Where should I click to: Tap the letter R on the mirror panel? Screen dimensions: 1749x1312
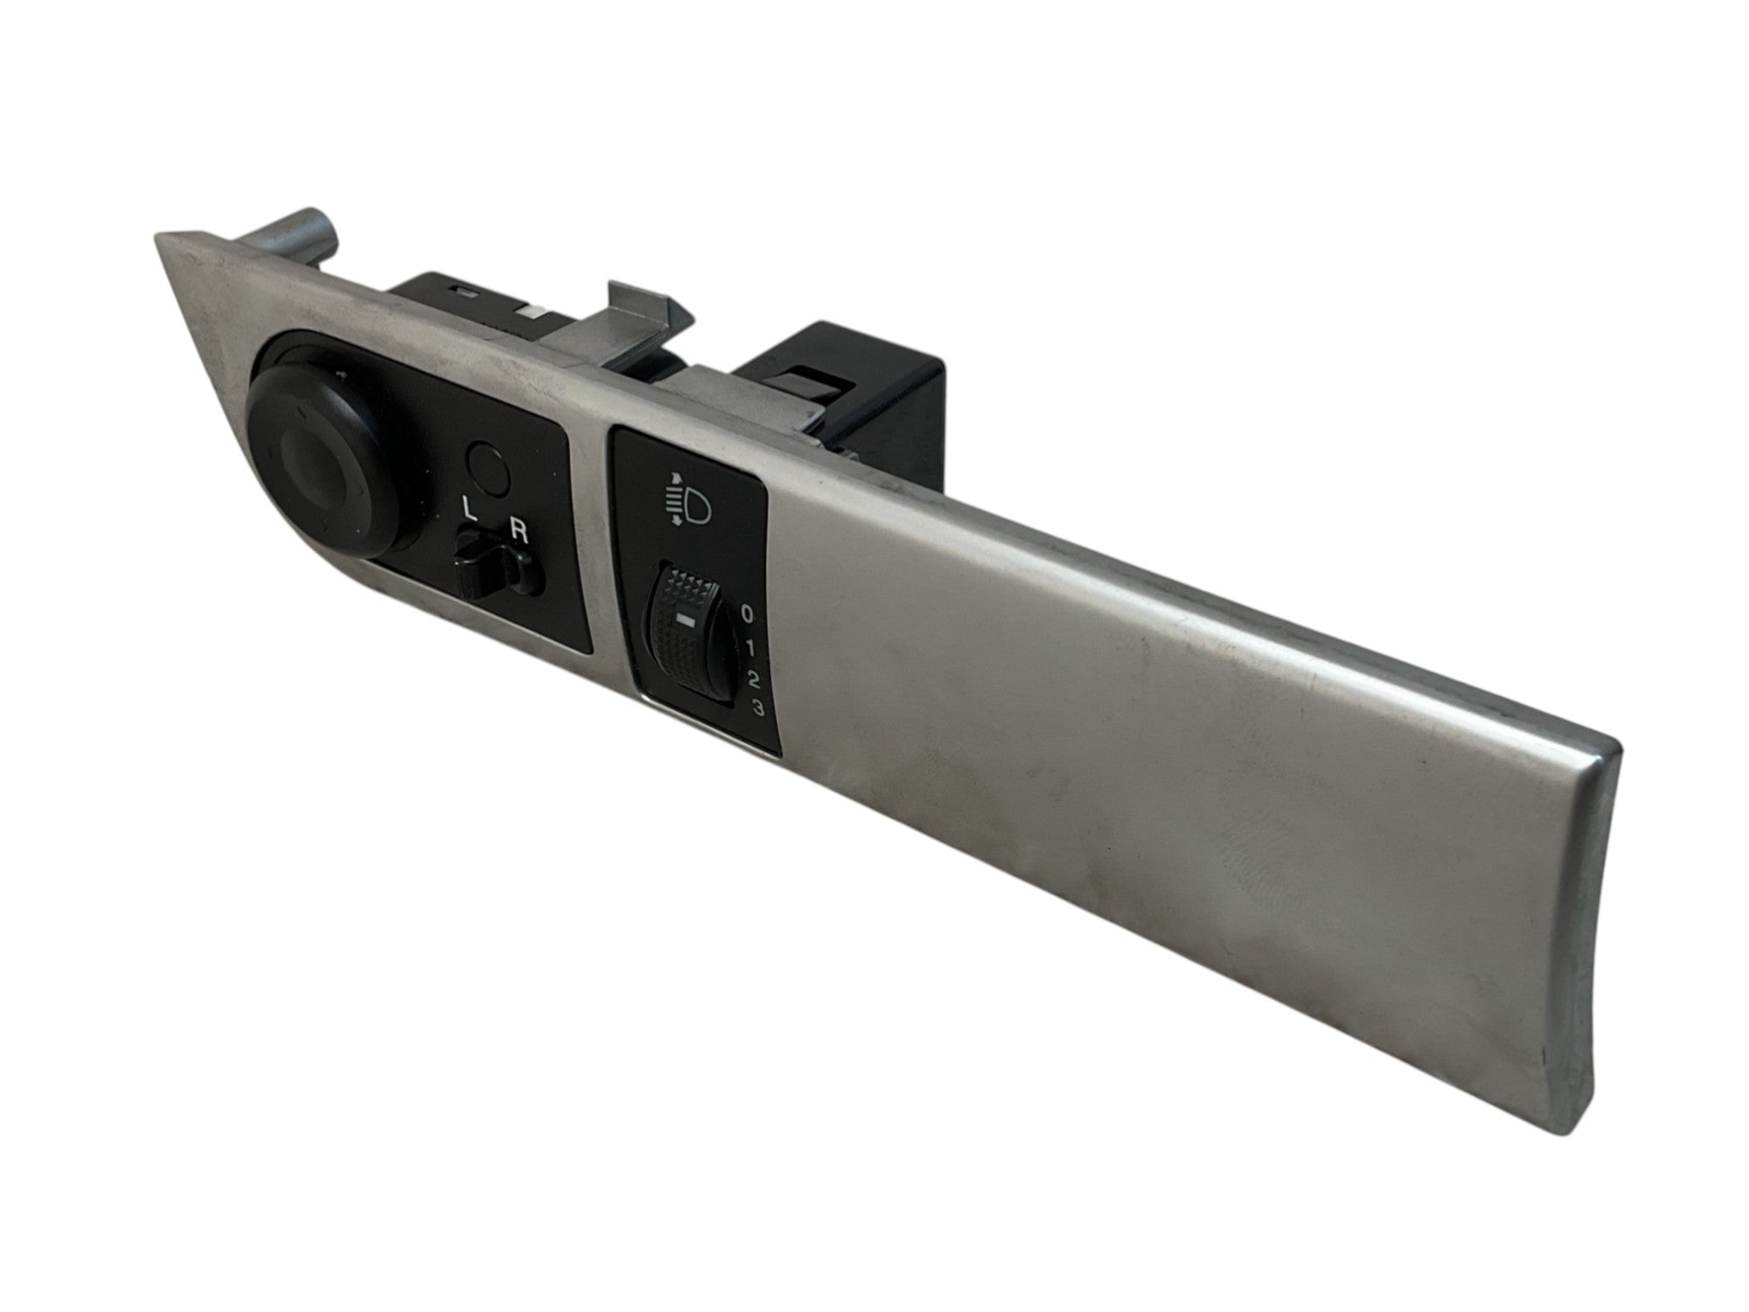tap(519, 534)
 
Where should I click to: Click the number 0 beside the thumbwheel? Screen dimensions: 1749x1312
tap(746, 613)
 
